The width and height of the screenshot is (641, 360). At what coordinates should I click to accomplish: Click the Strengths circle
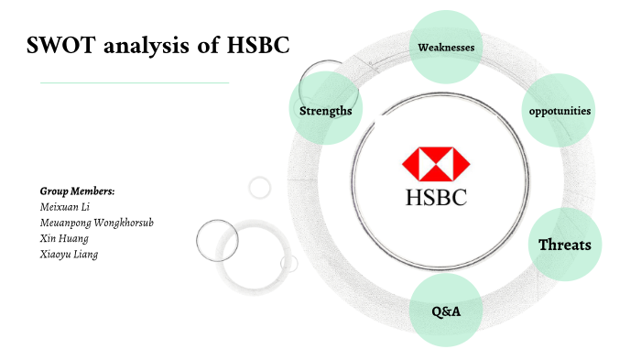coord(325,111)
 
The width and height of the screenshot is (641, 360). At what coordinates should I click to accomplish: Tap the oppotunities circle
coord(559,111)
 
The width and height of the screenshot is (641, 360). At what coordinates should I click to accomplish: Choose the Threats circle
coord(564,245)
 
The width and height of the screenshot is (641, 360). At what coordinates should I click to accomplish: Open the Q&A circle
coord(445,311)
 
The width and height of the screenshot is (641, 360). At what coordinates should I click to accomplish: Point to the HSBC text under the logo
coord(436,196)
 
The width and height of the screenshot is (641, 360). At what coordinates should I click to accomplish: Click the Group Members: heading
coord(77,191)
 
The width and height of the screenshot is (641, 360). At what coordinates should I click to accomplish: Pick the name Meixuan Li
coord(63,206)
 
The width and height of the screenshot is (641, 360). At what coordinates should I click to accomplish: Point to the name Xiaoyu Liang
coord(69,254)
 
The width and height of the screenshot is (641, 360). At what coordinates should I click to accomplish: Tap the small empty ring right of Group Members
coord(260,187)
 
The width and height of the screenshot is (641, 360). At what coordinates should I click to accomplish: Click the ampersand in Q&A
coord(445,312)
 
